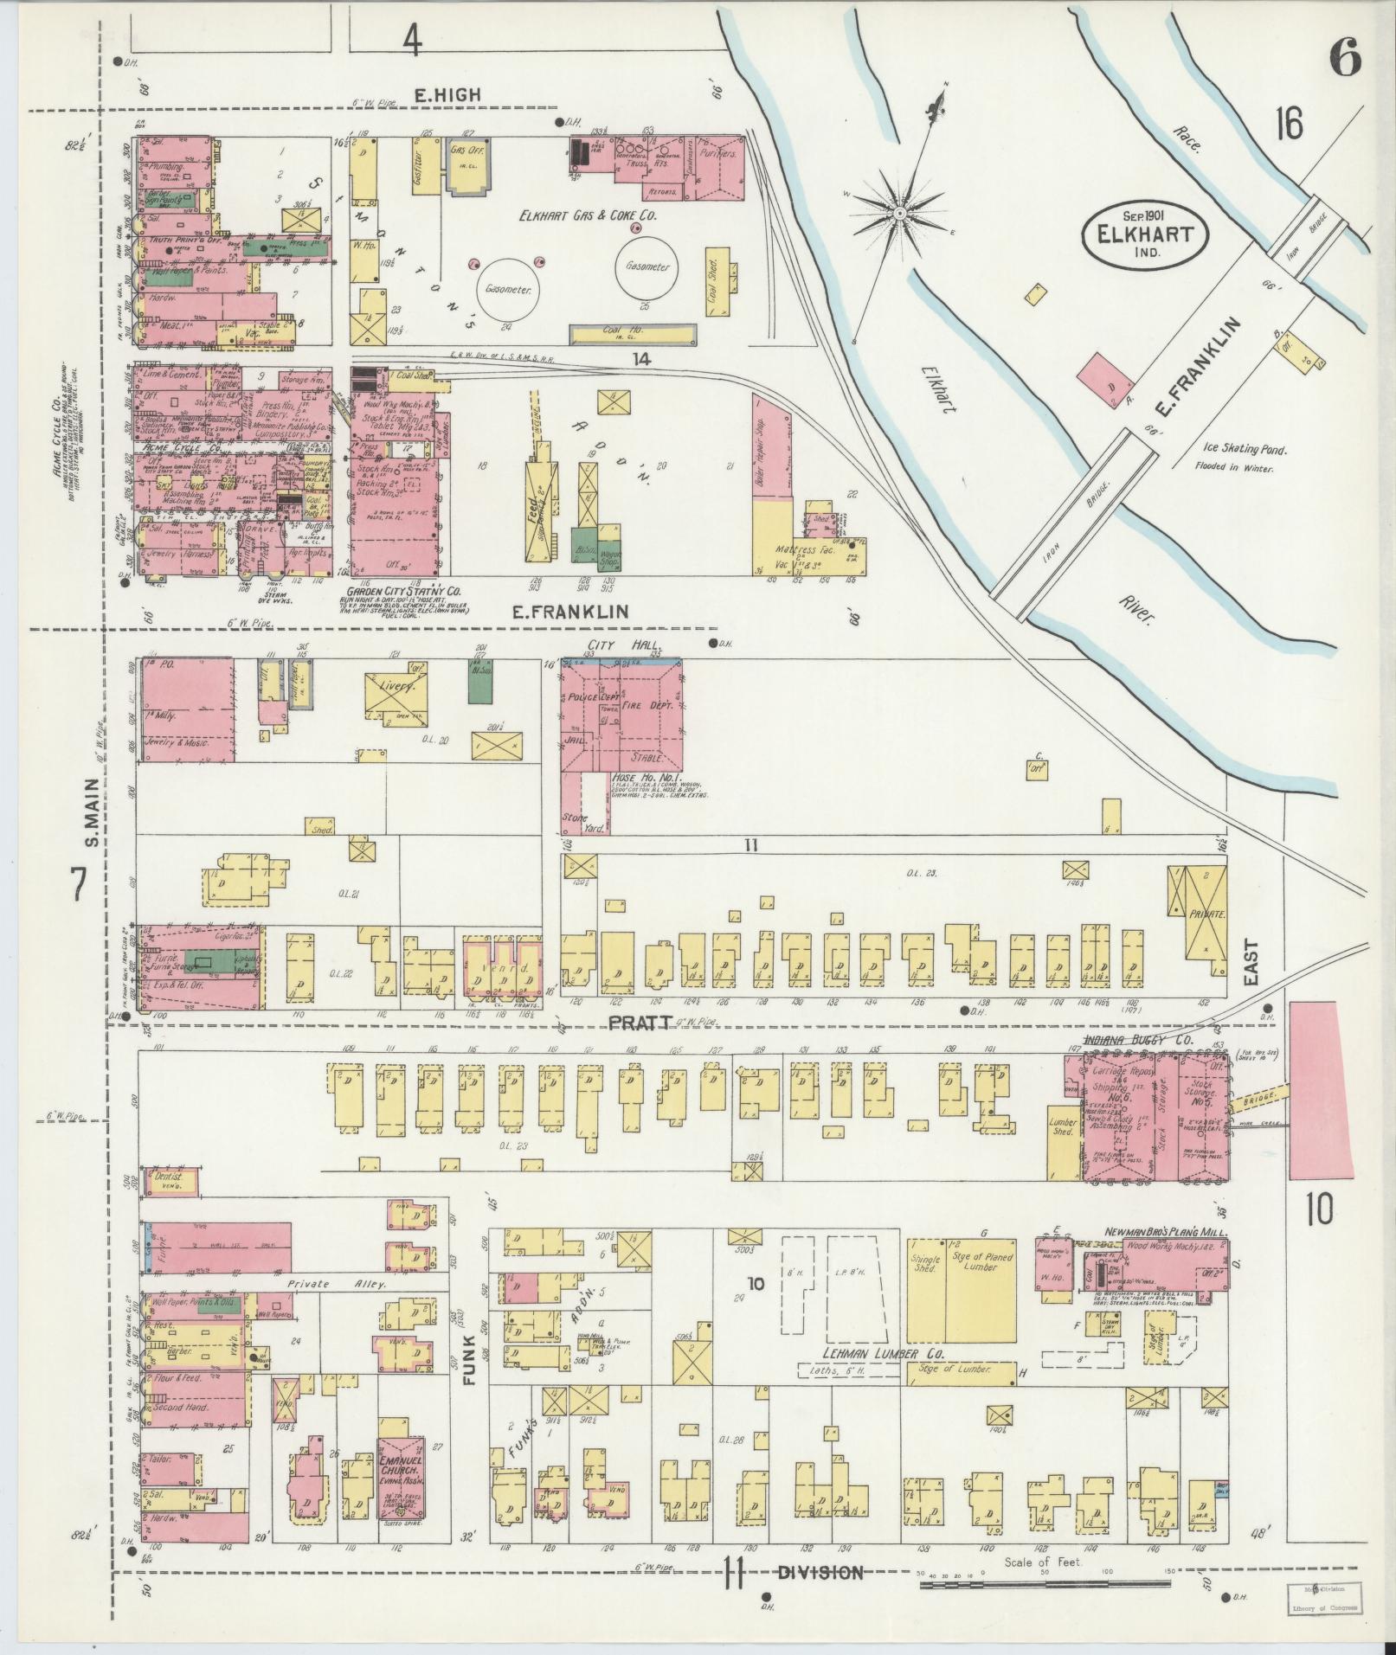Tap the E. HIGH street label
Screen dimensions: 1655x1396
[446, 95]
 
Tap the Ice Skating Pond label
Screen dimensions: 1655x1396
[1244, 450]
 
